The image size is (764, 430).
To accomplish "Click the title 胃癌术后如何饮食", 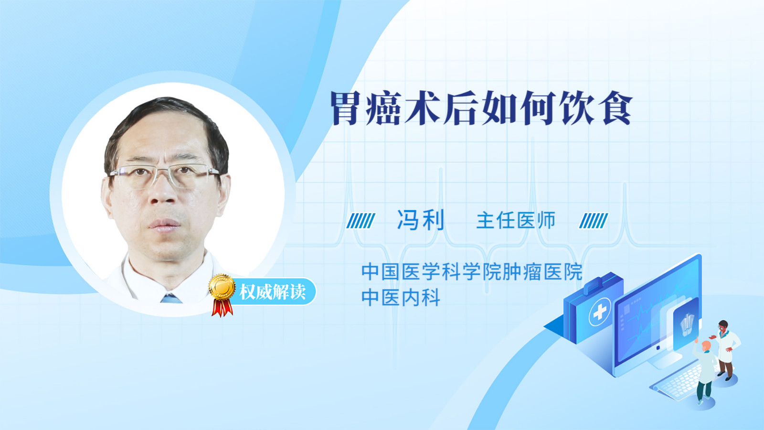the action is click(x=481, y=108).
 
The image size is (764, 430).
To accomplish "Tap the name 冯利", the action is click(x=421, y=220).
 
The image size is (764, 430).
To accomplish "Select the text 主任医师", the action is click(x=516, y=220).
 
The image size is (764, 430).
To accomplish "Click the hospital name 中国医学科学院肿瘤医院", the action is click(x=472, y=272).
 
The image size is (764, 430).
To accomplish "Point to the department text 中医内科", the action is click(x=401, y=297).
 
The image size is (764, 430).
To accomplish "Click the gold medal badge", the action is click(x=222, y=287).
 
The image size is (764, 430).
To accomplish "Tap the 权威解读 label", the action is click(x=272, y=292).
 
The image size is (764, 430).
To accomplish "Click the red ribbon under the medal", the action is click(x=222, y=308).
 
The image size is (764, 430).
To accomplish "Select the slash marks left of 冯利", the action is click(x=361, y=221).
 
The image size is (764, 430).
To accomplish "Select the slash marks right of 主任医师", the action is click(x=594, y=221).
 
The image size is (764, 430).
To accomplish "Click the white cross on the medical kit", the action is click(x=600, y=312).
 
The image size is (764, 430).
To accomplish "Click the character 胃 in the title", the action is click(x=346, y=108).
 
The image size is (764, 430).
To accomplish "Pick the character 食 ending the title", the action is click(x=617, y=108).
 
